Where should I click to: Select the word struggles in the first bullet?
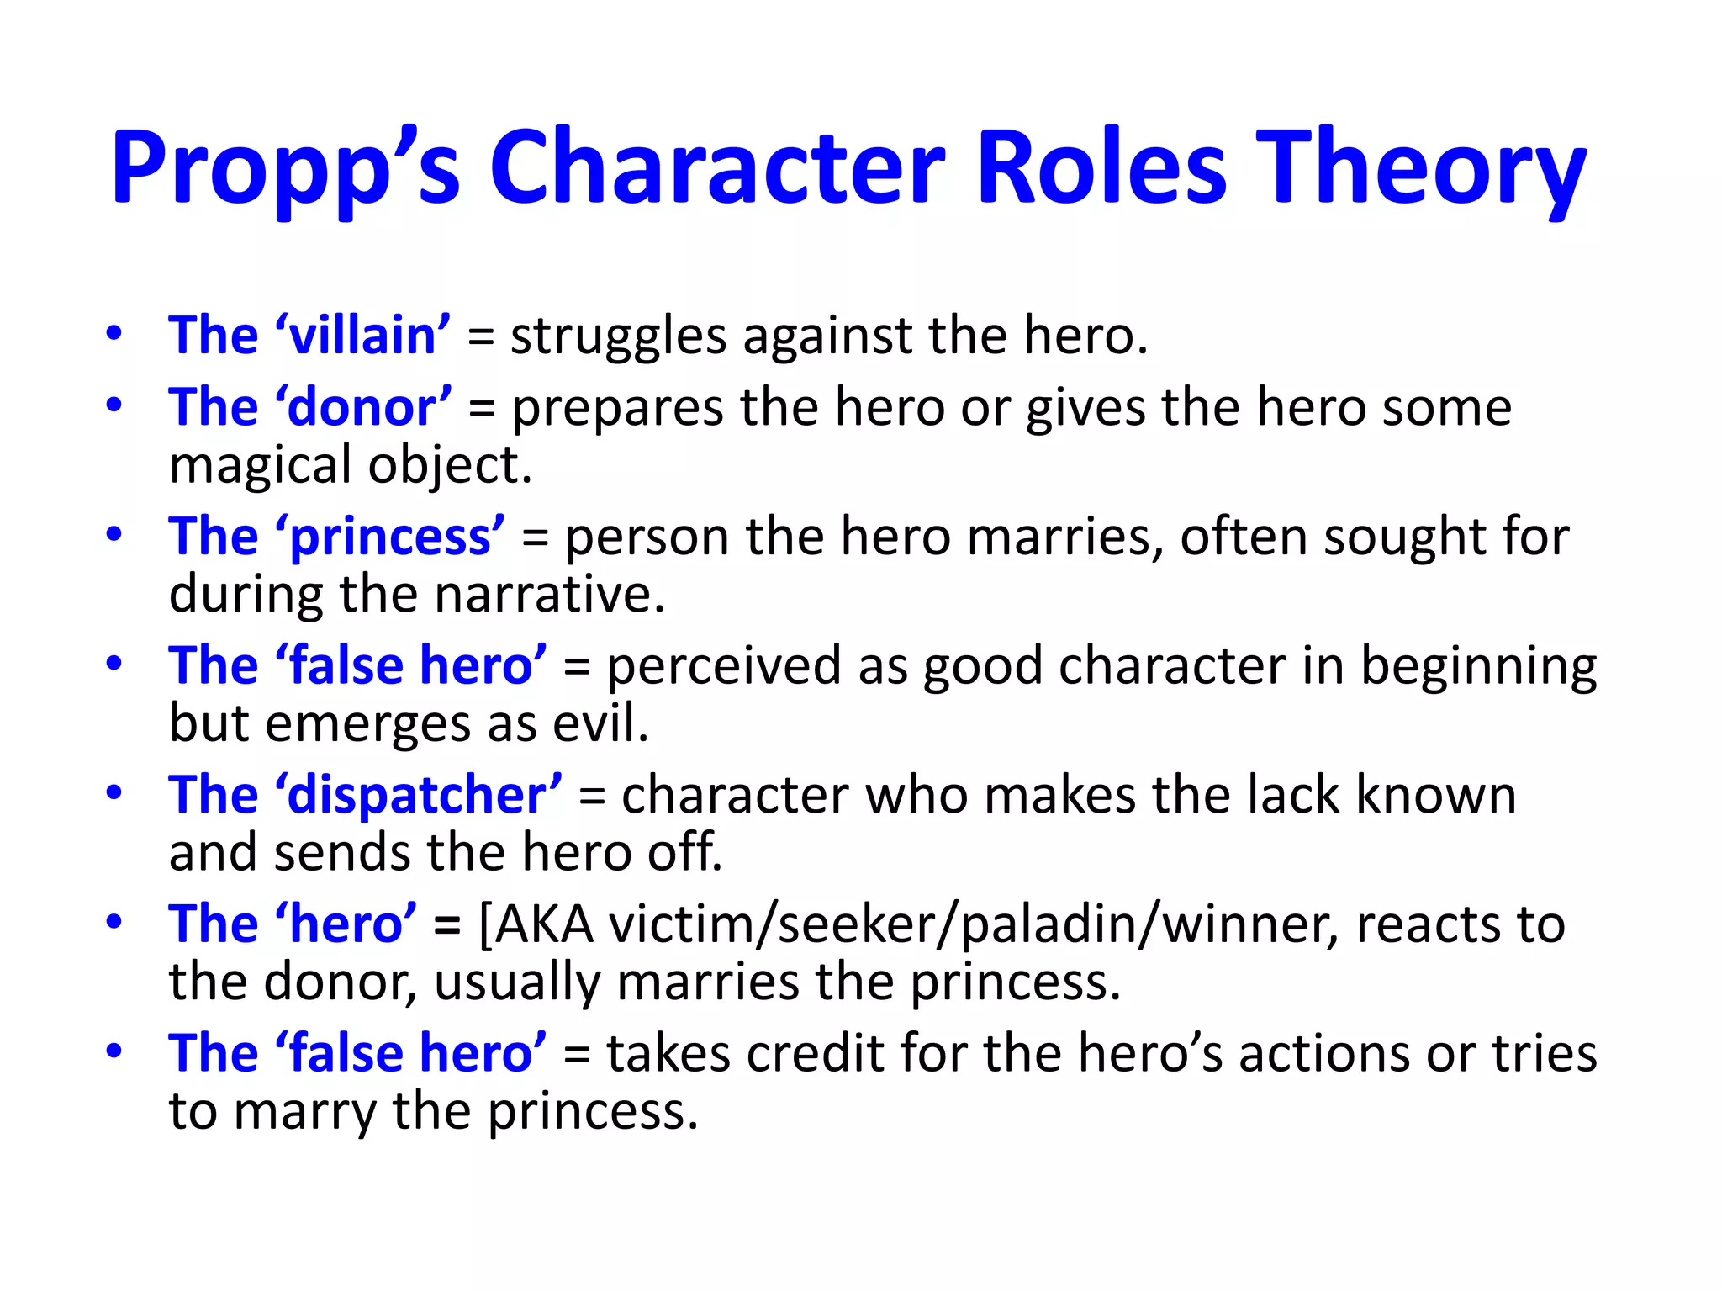(618, 336)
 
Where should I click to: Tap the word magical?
(260, 465)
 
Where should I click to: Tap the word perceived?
(724, 665)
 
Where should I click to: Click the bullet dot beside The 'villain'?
(114, 334)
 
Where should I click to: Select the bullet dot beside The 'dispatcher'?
(114, 793)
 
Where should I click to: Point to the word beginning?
(1478, 667)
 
